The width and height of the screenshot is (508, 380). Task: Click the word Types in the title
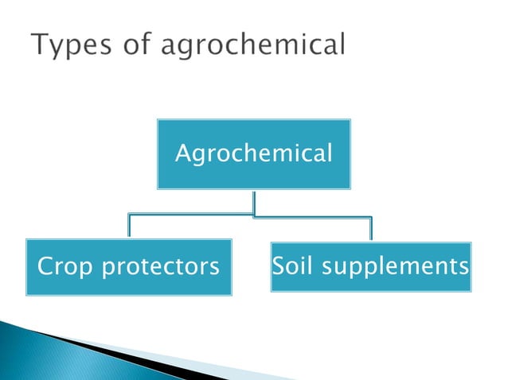[71, 47]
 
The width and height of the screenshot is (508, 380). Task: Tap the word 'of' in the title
[135, 45]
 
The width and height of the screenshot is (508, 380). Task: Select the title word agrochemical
[253, 47]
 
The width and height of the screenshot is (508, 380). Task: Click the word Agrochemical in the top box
[253, 153]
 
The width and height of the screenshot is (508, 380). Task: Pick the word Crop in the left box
[63, 267]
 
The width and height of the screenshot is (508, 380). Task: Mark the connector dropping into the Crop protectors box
[128, 227]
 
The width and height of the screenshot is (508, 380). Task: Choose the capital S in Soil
[279, 266]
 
